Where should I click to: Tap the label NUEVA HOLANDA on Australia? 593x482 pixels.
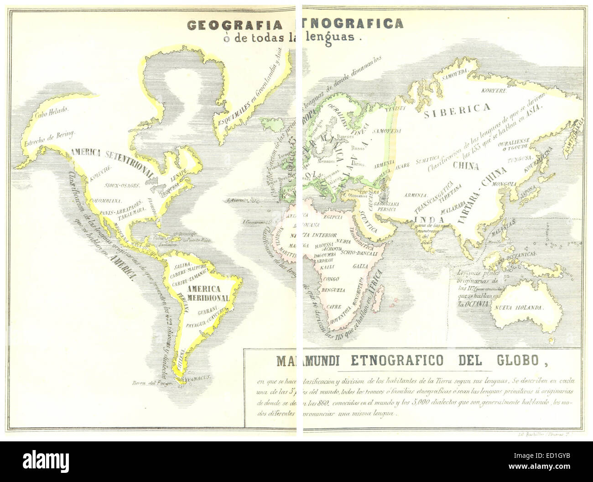click(519, 307)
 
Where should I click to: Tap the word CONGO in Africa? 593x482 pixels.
click(331, 279)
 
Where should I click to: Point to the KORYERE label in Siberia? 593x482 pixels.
click(494, 90)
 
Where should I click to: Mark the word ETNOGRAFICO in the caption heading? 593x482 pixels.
click(397, 361)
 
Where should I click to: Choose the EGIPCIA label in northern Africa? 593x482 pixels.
click(333, 217)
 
